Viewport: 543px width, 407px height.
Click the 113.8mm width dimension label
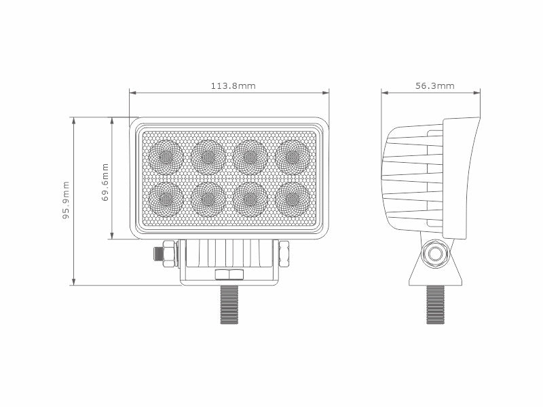[x=233, y=86]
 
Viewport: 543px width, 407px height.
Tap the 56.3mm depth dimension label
[x=434, y=86]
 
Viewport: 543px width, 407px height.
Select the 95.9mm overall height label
[x=66, y=201]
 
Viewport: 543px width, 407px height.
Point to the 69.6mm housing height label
[x=105, y=182]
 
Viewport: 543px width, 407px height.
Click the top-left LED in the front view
[x=166, y=157]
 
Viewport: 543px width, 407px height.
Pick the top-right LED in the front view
[x=293, y=157]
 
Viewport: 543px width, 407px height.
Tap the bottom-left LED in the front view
[x=166, y=199]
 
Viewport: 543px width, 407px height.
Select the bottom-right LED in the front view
[x=293, y=199]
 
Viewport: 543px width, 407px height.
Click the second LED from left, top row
[x=208, y=157]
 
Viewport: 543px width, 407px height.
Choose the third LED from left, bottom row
[x=250, y=199]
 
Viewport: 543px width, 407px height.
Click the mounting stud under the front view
[x=229, y=305]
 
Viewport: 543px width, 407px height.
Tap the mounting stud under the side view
[x=435, y=305]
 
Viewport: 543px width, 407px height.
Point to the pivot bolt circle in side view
[x=434, y=254]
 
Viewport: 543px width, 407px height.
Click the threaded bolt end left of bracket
[x=158, y=254]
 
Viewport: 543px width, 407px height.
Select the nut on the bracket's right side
[x=283, y=254]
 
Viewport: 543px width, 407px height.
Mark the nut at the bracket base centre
[x=229, y=275]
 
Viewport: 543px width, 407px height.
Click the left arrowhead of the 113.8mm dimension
[x=132, y=92]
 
